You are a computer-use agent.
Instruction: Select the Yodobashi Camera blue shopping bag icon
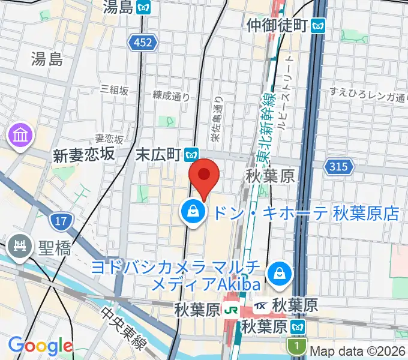click(x=279, y=274)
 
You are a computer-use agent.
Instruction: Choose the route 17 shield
click(x=59, y=222)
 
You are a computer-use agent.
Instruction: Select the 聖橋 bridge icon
click(x=19, y=246)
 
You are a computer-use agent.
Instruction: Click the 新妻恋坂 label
click(x=83, y=154)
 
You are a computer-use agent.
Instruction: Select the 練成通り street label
click(x=171, y=95)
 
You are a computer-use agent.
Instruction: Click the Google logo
click(x=40, y=346)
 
